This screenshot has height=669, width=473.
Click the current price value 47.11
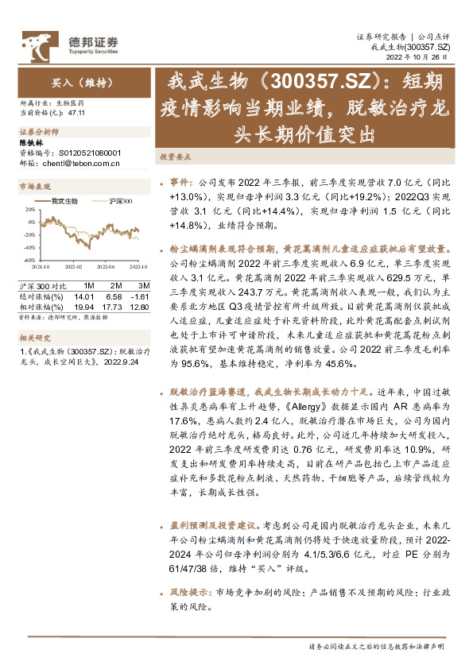pos(77,114)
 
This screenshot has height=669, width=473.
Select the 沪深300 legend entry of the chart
pos(120,202)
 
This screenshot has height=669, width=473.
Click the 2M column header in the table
pos(116,285)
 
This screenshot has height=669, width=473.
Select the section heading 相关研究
pos(33,336)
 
